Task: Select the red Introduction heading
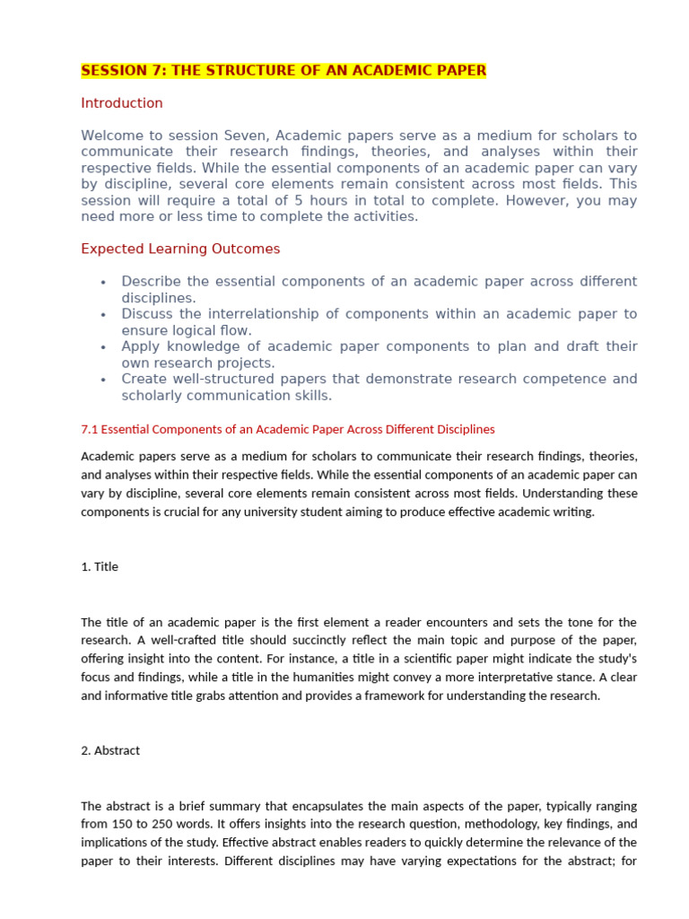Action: pos(122,103)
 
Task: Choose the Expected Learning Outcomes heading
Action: pos(180,249)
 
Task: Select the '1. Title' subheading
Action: pos(100,566)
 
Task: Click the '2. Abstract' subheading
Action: pos(110,750)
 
